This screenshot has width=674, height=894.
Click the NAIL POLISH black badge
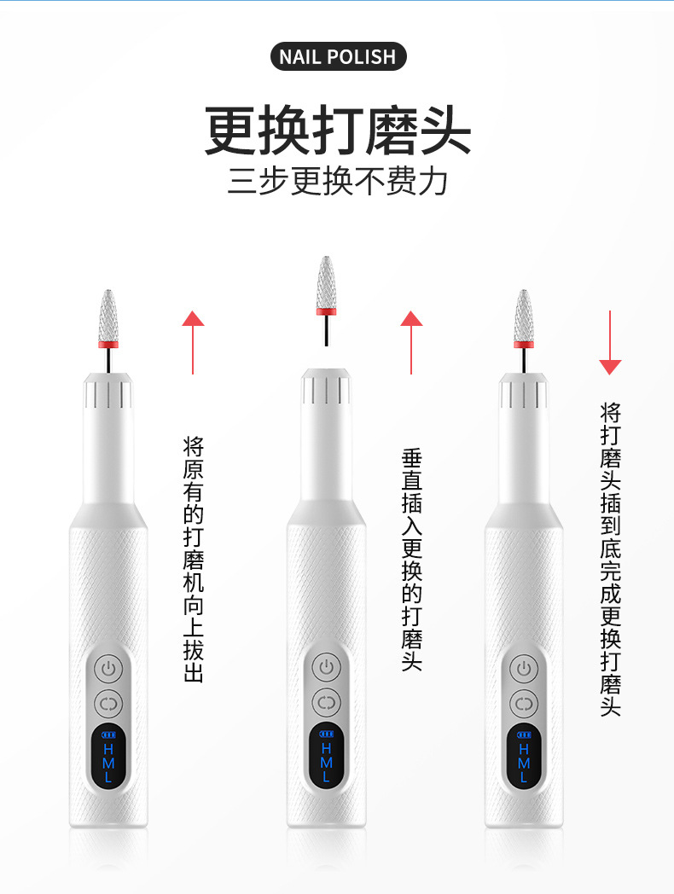pos(338,56)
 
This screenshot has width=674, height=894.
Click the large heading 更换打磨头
pos(338,130)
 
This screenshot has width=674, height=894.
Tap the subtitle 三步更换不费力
pos(338,182)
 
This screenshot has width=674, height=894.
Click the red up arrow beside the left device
pos(194,342)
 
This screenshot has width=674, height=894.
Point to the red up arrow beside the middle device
pos(411,342)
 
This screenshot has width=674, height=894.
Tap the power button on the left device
pos(108,669)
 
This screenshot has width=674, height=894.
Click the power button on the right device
pos(524,669)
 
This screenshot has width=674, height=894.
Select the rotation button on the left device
pos(108,704)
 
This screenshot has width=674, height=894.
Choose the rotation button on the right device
pos(524,704)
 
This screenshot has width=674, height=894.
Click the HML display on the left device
pos(108,756)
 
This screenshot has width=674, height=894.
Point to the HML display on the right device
pos(524,756)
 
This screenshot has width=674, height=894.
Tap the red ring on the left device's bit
pos(108,345)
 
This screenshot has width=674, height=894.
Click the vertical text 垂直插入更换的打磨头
pos(412,560)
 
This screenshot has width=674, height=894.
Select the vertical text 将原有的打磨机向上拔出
pos(194,560)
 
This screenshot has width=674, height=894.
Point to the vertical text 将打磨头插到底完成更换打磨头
pos(610,560)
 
